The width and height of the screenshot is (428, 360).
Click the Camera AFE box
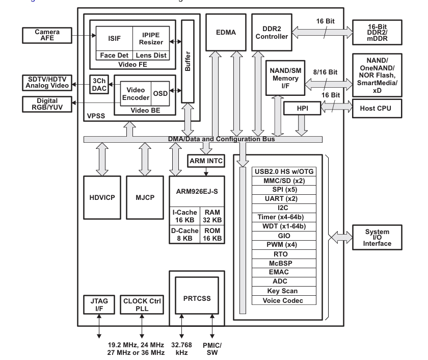tap(47, 35)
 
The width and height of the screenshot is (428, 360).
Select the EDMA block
tap(226, 32)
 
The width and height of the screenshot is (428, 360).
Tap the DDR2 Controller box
tap(272, 32)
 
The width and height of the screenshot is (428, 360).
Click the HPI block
tap(302, 108)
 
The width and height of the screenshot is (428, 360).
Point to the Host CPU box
tap(377, 109)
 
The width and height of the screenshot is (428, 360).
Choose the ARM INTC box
tap(206, 161)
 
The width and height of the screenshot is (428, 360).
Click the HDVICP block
tap(102, 197)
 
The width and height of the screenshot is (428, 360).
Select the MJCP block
tap(145, 197)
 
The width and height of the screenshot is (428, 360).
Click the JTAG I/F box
tap(99, 304)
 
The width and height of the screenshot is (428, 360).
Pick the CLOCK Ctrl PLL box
tap(142, 304)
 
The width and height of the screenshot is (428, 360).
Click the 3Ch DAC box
tap(99, 85)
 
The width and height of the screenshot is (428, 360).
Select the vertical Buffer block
tap(188, 61)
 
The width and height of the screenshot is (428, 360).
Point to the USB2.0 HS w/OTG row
tap(284, 171)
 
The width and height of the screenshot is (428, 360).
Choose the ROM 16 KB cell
tap(212, 235)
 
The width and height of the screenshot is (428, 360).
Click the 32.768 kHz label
tap(181, 349)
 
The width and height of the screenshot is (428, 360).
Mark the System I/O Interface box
tap(377, 237)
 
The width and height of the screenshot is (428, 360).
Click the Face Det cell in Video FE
tap(114, 55)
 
